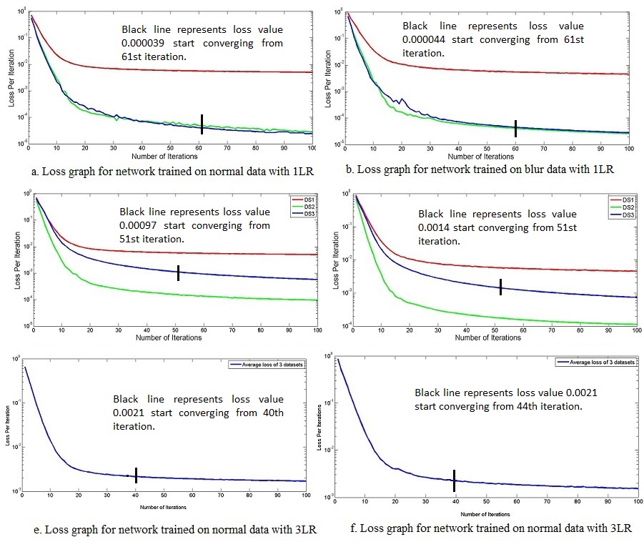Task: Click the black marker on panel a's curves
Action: point(202,124)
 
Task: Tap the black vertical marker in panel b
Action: point(515,128)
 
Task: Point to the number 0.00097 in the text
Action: point(144,225)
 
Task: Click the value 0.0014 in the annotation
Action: point(435,227)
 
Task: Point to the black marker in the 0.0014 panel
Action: point(501,286)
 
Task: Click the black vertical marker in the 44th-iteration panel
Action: point(454,480)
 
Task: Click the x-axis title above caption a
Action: point(166,155)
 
